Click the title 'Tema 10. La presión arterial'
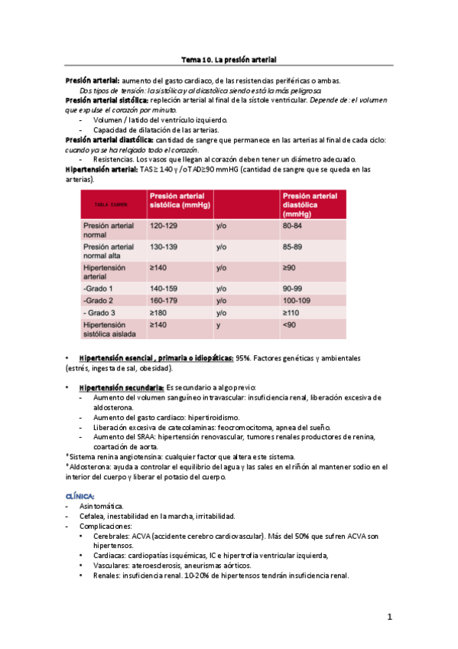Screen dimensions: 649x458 click(x=229, y=59)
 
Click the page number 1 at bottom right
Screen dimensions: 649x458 click(x=389, y=617)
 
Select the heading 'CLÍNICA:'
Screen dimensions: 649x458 click(x=80, y=497)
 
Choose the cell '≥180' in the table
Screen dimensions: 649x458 click(x=158, y=313)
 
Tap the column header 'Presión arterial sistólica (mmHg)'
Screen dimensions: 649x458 click(x=180, y=201)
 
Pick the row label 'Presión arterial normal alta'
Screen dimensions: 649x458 click(x=108, y=252)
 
